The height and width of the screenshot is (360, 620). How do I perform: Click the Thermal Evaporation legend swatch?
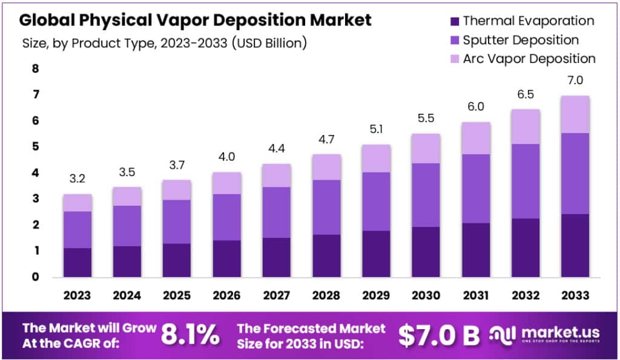tap(453, 21)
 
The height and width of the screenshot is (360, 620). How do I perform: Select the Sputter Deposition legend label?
tap(521, 40)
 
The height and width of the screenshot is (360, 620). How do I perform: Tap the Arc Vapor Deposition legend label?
tap(529, 59)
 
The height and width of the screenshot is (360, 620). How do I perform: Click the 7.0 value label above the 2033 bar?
tap(575, 80)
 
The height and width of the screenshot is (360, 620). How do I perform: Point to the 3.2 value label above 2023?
tap(77, 179)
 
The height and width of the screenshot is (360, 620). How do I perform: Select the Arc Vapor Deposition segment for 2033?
tap(575, 114)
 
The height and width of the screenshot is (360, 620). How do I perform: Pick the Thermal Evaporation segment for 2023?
tap(77, 262)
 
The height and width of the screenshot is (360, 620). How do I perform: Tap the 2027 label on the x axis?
tap(277, 295)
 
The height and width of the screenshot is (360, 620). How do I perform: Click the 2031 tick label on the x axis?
tap(475, 295)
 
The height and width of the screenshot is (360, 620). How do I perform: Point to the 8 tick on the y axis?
tap(35, 69)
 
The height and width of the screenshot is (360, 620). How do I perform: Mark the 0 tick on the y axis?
tap(35, 277)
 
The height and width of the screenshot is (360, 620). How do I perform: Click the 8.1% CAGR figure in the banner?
tap(191, 335)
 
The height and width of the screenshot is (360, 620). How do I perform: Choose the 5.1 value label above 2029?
tap(376, 129)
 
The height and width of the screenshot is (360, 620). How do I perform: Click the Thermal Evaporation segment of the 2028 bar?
tap(326, 255)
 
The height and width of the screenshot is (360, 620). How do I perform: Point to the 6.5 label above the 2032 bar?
tap(525, 95)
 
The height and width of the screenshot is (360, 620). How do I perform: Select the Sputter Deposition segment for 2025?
tap(176, 221)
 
